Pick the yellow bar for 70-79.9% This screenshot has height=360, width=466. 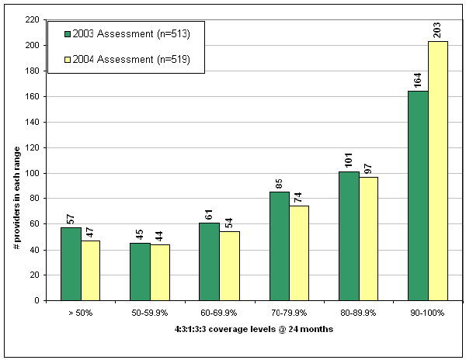point(298,253)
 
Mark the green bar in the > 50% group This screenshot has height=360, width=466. point(71,264)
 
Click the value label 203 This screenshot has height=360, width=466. point(437,29)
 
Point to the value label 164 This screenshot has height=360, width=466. point(417,80)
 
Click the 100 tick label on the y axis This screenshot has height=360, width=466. point(31,173)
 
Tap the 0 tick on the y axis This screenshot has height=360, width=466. point(36,300)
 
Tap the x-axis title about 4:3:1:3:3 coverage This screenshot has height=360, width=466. point(251,329)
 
